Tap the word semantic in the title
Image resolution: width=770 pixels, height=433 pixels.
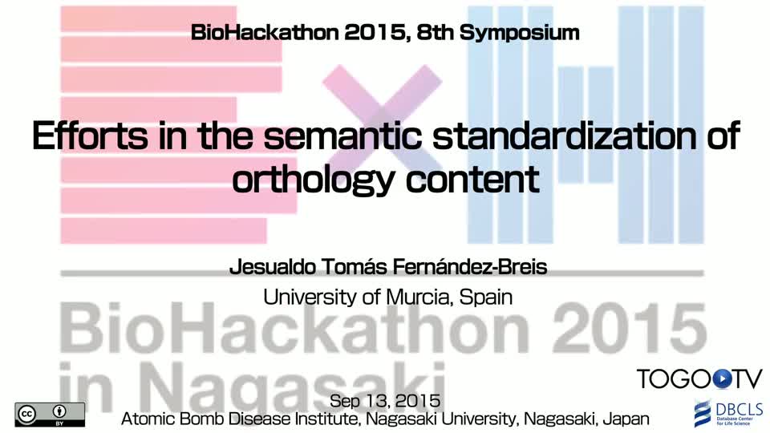coord(342,136)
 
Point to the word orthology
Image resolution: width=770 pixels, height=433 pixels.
coord(314,180)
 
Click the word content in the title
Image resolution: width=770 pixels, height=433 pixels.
coord(472,180)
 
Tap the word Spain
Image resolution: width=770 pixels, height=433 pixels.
coord(486,297)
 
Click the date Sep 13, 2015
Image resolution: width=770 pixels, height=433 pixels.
coord(385,401)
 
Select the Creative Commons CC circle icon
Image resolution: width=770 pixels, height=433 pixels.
coord(27,415)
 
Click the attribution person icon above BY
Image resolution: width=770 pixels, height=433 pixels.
coord(59,411)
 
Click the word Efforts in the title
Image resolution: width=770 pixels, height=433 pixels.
coord(91,136)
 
